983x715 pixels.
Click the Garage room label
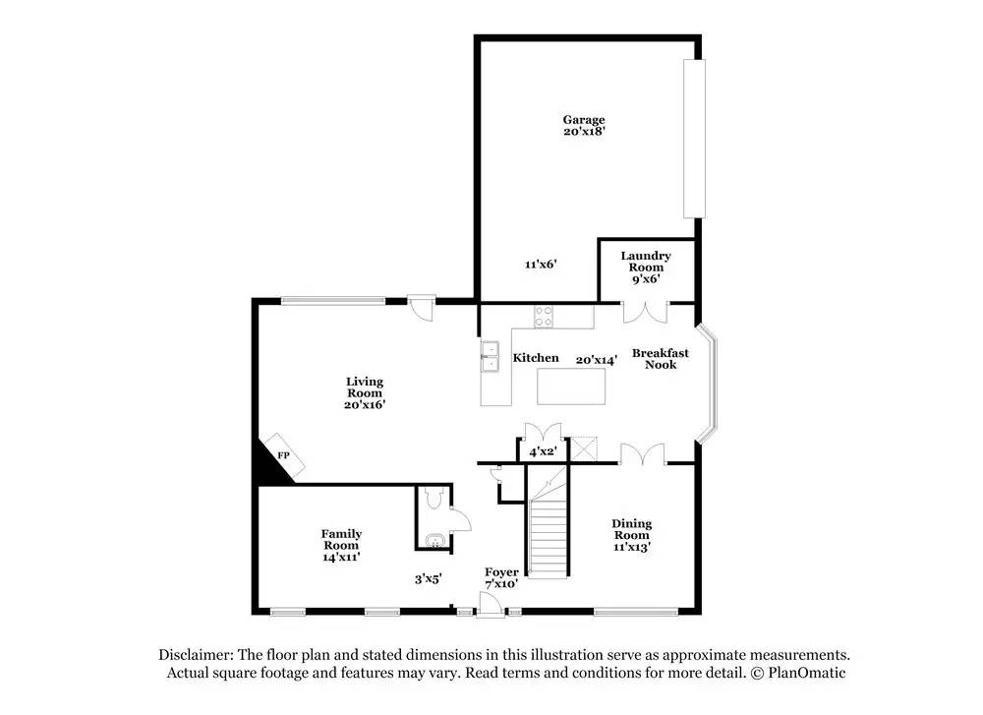(584, 120)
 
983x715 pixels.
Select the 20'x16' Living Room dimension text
(364, 405)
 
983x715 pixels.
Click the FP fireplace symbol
(283, 455)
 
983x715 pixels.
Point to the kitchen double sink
(490, 356)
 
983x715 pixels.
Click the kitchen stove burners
(544, 317)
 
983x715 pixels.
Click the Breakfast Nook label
(660, 358)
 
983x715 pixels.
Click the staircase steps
(549, 536)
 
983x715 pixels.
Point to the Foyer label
(501, 571)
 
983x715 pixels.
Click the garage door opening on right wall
(694, 139)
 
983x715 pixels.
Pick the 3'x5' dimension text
(428, 579)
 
